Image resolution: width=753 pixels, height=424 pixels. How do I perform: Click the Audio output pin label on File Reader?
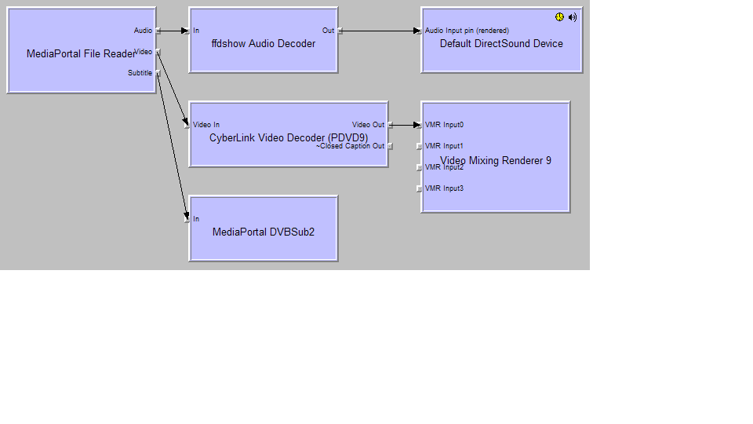143,31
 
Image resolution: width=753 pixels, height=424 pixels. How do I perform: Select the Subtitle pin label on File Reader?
140,73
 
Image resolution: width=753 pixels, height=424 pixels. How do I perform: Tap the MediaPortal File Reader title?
81,54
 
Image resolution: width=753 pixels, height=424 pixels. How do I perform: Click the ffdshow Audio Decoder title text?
264,44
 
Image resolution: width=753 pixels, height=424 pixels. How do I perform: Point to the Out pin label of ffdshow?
328,31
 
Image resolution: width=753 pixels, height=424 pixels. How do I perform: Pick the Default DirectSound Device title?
501,44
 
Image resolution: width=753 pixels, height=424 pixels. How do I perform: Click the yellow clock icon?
559,16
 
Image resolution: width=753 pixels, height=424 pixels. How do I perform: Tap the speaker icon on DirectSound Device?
573,16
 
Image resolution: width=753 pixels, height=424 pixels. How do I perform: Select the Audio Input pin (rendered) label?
467,31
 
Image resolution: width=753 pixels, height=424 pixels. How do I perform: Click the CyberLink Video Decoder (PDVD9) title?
289,137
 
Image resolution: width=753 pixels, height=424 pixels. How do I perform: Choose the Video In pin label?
206,125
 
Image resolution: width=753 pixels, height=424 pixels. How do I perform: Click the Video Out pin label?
368,125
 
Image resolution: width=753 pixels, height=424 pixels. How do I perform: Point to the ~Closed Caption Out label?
351,146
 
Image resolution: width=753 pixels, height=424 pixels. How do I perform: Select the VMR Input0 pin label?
444,125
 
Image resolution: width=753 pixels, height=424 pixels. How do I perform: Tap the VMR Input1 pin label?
444,146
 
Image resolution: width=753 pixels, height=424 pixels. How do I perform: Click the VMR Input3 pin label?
444,188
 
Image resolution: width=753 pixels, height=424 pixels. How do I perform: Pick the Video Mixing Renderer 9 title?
496,160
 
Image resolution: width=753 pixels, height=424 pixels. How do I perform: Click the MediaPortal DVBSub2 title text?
264,232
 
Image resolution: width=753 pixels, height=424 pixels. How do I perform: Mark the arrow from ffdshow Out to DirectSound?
380,31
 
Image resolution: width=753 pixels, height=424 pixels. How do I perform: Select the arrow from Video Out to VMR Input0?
406,125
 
